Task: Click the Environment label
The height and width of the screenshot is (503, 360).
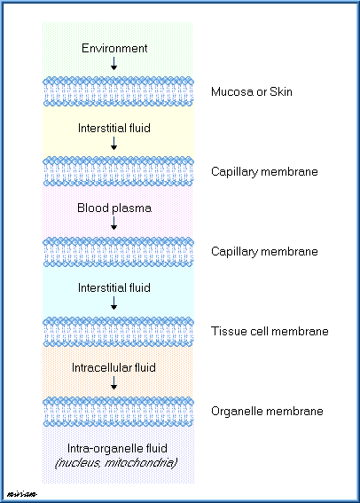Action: coord(114,48)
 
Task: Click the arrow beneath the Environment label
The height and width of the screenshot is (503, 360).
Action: coord(113,64)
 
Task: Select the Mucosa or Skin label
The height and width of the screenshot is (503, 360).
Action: coord(252,91)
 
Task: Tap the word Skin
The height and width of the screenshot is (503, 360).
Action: coord(281,91)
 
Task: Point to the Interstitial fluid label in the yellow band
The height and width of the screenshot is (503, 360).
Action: coord(114,128)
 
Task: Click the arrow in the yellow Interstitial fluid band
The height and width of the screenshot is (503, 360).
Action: coord(113,144)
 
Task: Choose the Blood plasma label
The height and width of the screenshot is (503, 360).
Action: coord(114,208)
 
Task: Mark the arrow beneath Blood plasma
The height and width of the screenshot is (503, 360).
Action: coord(113,224)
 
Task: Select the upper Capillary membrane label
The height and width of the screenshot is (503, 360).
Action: coord(264,171)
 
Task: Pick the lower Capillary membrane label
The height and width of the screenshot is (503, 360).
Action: coord(264,252)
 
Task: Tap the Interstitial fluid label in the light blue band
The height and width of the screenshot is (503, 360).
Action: coord(114,287)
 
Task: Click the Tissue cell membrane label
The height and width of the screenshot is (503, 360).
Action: coord(270,331)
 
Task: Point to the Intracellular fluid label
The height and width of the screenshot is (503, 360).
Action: coord(113,367)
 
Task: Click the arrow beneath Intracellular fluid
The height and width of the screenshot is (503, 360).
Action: coord(113,383)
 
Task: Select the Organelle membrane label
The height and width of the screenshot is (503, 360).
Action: coord(267,412)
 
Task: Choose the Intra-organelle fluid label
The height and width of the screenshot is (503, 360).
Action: coord(117,449)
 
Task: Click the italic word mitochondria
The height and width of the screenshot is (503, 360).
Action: coord(141,463)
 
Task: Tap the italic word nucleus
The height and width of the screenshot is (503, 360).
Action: coord(77,463)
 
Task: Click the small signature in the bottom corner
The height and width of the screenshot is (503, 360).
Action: coord(22,494)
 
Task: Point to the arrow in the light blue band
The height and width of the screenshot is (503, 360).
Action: coord(113,303)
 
